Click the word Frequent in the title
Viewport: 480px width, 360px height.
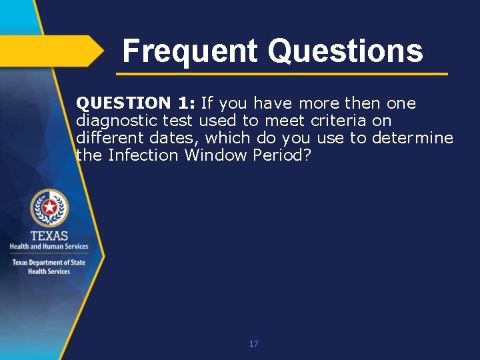click(x=190, y=51)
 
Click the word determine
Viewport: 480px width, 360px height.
click(x=413, y=138)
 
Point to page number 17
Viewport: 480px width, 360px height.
click(x=253, y=344)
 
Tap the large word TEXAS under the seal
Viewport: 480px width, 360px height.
click(x=49, y=235)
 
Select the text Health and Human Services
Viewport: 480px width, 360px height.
click(x=49, y=247)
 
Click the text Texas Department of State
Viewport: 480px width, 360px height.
click(x=49, y=263)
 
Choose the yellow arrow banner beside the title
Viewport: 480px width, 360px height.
click(x=50, y=50)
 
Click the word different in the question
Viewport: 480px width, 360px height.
click(x=107, y=138)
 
